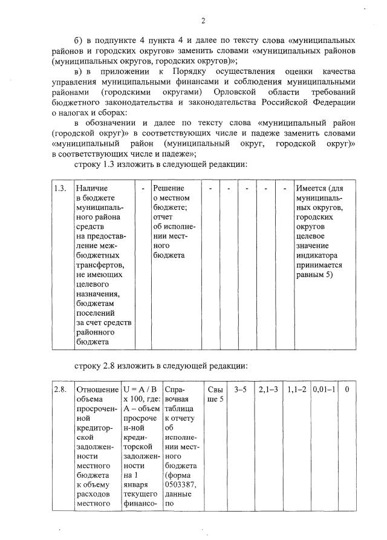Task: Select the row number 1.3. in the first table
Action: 60,189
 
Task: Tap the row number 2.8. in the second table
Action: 60,389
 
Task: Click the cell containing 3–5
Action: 240,389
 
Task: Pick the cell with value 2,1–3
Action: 268,389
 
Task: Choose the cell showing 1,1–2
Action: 296,389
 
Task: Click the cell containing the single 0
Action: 347,389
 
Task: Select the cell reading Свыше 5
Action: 214,394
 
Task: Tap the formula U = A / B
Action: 141,389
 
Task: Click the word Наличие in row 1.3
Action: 92,189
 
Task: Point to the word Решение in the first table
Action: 168,189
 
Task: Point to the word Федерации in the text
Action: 331,102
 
